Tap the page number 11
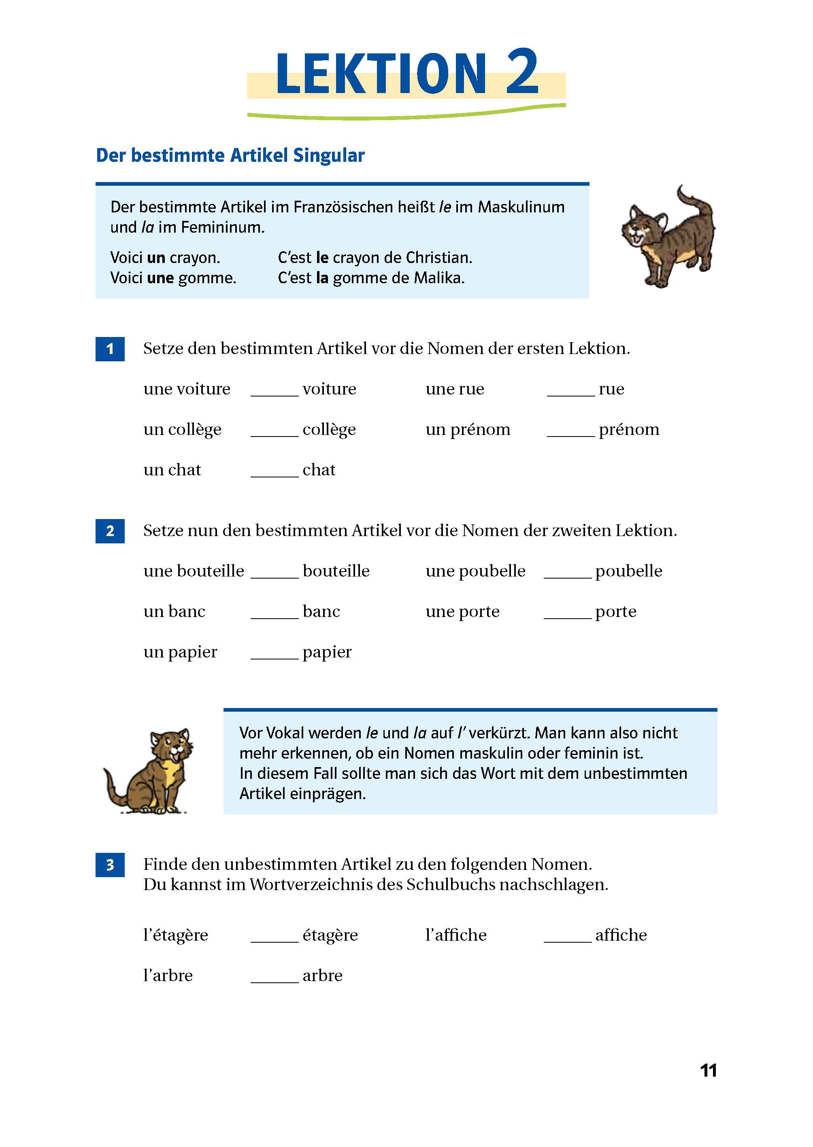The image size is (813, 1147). coord(709,1070)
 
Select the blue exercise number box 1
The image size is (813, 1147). coord(110,349)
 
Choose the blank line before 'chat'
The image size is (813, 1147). coord(275,475)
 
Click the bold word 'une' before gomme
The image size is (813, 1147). coord(160,278)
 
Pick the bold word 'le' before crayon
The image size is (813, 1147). coord(322,258)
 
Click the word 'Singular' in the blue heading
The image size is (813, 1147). coord(329,156)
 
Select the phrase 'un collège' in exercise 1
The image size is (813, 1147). coord(182,430)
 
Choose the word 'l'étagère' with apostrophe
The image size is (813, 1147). coord(175,935)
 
